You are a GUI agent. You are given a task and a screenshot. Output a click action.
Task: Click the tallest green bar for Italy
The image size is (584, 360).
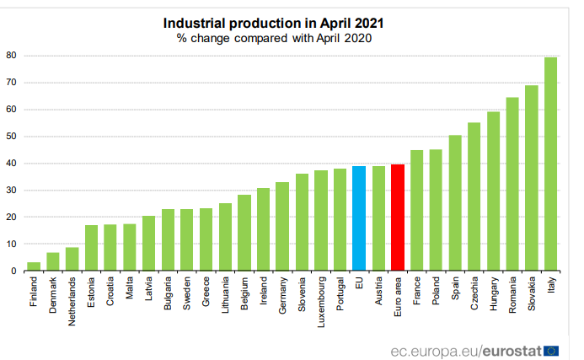pyautogui.click(x=550, y=164)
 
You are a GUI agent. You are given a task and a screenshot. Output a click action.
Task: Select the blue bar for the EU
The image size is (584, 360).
pyautogui.click(x=359, y=218)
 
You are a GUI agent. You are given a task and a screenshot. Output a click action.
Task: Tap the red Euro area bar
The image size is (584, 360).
pyautogui.click(x=397, y=218)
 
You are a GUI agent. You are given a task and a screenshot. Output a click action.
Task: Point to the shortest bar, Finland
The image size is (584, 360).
pyautogui.click(x=34, y=266)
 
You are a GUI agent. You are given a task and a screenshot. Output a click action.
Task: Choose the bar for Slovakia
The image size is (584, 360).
pyautogui.click(x=532, y=178)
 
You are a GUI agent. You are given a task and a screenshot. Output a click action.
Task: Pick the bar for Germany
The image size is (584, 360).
pyautogui.click(x=282, y=227)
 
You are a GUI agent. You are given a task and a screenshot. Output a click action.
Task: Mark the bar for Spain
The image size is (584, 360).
pyautogui.click(x=455, y=203)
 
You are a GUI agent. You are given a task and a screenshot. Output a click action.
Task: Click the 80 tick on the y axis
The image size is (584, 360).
pyautogui.click(x=12, y=56)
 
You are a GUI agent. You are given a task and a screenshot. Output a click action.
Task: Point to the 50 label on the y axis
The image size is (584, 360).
pyautogui.click(x=12, y=137)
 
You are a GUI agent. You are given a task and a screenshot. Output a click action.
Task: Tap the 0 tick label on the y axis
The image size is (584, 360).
pyautogui.click(x=14, y=271)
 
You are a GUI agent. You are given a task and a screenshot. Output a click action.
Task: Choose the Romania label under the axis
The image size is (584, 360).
pyautogui.click(x=512, y=296)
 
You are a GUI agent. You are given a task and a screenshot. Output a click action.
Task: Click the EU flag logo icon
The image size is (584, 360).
pyautogui.click(x=552, y=349)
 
